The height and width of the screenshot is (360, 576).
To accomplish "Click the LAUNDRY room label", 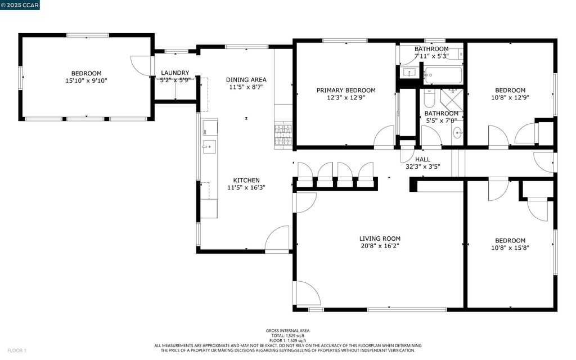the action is [175, 73].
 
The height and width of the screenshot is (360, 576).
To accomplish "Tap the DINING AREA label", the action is [246, 80].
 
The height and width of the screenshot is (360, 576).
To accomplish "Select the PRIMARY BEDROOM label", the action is [346, 91].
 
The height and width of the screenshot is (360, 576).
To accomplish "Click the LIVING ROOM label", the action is [380, 238].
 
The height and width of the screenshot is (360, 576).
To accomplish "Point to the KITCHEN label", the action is [246, 181].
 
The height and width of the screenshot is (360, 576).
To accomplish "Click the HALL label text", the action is [422, 159].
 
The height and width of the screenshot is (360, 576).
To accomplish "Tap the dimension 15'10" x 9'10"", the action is [86, 80].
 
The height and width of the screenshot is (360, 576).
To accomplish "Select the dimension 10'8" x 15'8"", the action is [510, 247].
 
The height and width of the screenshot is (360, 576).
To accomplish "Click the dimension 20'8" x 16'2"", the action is [380, 246].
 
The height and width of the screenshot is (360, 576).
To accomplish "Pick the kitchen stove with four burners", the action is [283, 135].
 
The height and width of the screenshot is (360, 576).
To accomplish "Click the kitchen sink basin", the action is [209, 147].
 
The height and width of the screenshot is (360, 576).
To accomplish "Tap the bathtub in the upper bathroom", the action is [443, 75].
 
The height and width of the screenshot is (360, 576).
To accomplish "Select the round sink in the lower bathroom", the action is [457, 133].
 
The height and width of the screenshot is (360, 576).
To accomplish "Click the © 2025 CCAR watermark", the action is [20, 5].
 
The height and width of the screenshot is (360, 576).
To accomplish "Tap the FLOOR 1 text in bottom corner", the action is [17, 350].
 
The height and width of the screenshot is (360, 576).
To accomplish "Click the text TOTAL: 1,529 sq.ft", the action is [287, 335].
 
